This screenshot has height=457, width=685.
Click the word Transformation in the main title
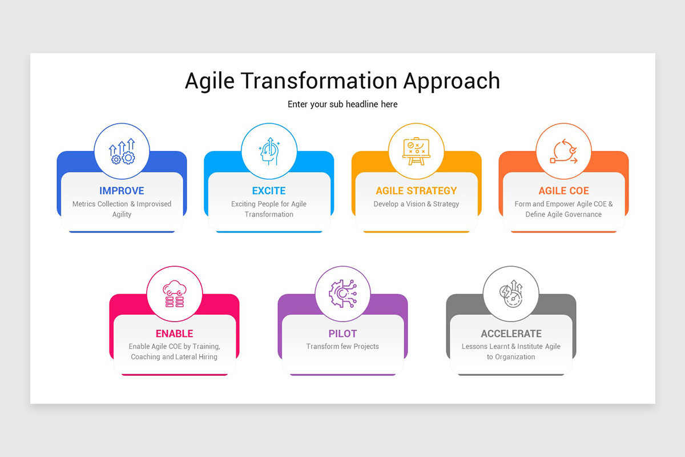tap(319, 81)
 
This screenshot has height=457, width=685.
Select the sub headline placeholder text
tap(342, 104)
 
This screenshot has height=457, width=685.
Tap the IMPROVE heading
tap(122, 191)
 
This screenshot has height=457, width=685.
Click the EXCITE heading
tap(269, 191)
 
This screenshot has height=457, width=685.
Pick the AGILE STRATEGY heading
tap(416, 191)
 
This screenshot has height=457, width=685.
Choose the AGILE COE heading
tap(563, 191)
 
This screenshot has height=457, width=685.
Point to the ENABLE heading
tap(174, 334)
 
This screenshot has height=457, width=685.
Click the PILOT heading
tap(342, 334)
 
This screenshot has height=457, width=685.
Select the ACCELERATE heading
tap(511, 334)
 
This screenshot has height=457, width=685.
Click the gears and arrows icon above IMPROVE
tap(122, 151)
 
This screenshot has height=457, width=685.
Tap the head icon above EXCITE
tap(269, 151)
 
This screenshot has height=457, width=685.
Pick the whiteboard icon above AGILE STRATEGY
tap(416, 151)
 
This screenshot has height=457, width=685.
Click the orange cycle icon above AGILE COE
tap(563, 151)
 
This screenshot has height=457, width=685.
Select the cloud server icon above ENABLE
tap(174, 294)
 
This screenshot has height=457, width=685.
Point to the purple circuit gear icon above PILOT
tap(342, 294)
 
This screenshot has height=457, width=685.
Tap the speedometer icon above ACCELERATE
tap(511, 294)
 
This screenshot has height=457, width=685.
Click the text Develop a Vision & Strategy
tap(416, 204)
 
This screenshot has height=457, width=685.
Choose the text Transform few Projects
tap(342, 346)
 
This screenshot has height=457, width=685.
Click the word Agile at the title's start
tap(209, 81)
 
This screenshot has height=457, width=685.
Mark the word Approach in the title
tap(452, 81)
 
